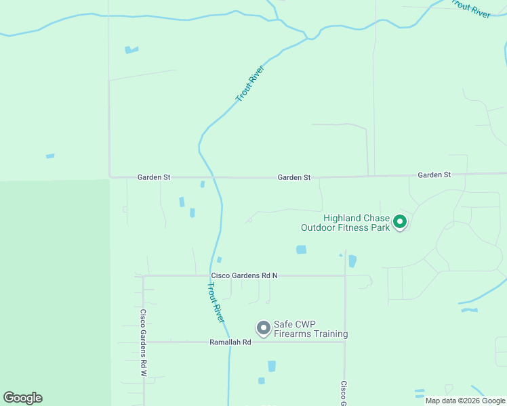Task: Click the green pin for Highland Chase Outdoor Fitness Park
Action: point(400,221)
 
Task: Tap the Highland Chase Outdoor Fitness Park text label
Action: point(357,223)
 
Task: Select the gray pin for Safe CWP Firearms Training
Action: point(263,328)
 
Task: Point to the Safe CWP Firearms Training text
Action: point(310,329)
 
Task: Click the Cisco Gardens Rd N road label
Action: point(245,275)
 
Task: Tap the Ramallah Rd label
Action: point(230,342)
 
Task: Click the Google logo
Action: point(22,398)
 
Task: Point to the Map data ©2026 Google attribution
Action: point(465,401)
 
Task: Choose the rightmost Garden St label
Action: point(434,175)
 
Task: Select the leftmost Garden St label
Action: point(154,177)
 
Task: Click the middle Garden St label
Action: point(293,177)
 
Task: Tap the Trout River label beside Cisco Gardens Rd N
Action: point(216,301)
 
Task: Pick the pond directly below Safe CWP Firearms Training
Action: point(272,366)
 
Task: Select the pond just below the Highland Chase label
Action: point(301,250)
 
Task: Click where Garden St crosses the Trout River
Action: point(214,177)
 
